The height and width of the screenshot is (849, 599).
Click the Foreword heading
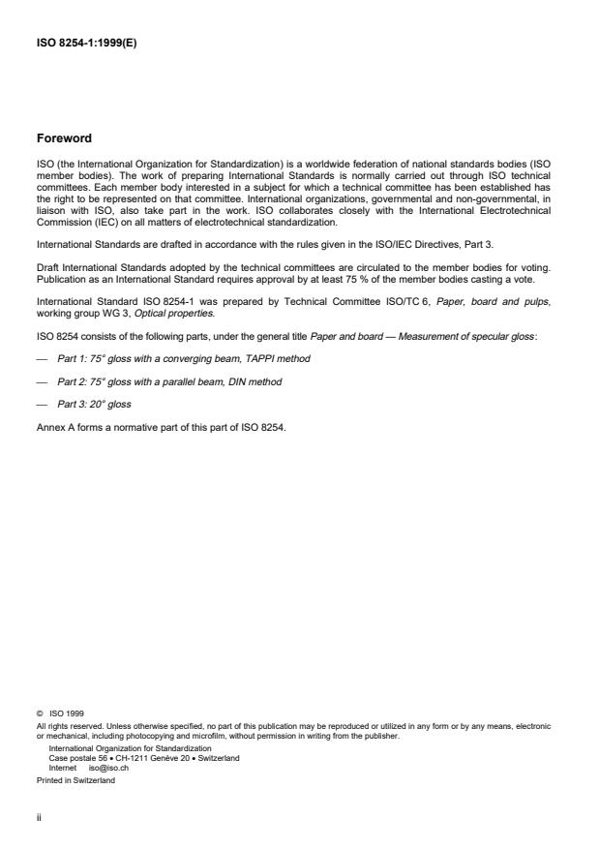coord(64,137)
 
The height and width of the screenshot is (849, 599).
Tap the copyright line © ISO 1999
coord(59,713)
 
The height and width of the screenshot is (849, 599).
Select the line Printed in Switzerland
coord(75,779)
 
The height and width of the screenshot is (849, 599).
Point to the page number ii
coord(39,815)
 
